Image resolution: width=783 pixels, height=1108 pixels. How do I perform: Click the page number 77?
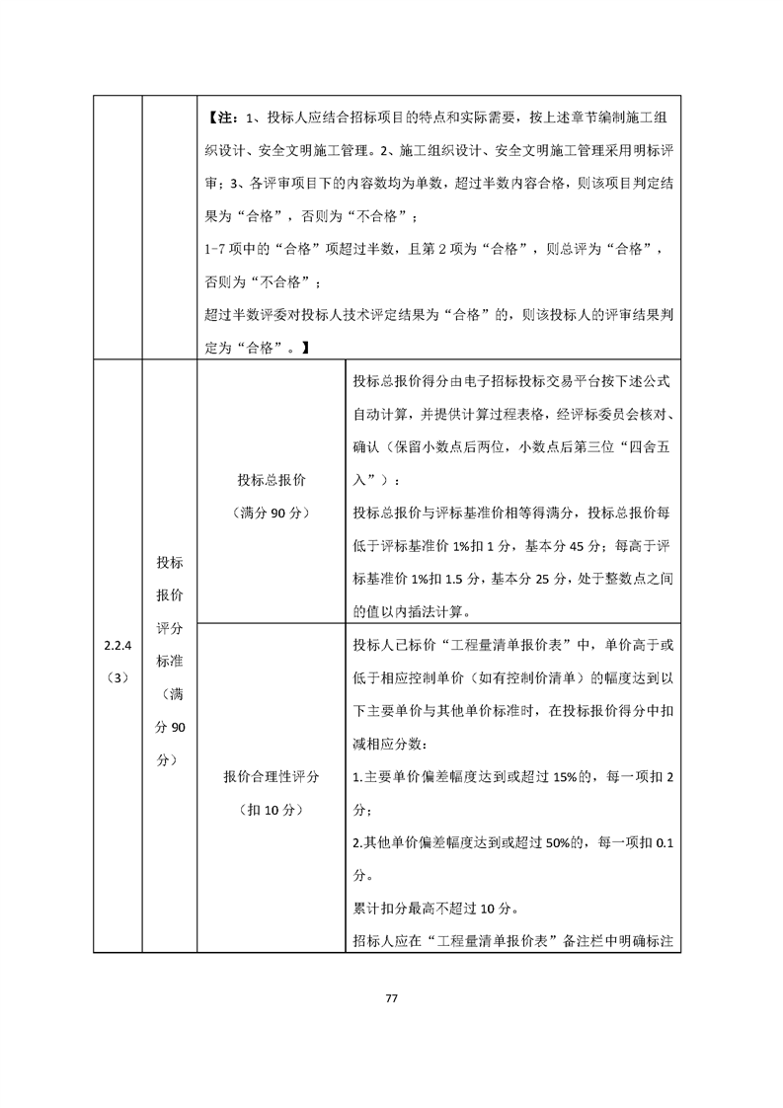click(x=391, y=997)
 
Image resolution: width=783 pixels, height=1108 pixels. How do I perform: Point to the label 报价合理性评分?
click(x=271, y=777)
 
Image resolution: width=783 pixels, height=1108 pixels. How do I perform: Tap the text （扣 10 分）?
click(x=271, y=810)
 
